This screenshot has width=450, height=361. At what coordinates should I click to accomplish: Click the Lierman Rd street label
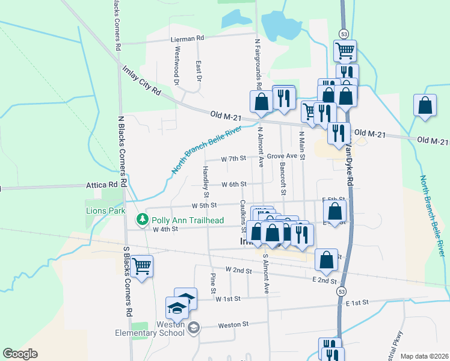[x=188, y=37]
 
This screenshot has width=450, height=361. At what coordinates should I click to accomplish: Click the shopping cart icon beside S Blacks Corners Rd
[x=142, y=265]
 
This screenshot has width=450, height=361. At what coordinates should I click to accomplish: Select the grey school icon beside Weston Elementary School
[x=194, y=328]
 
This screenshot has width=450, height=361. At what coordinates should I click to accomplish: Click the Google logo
[x=20, y=354]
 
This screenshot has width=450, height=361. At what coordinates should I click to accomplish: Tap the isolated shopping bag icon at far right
[x=425, y=105]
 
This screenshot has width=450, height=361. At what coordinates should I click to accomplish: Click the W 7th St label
[x=233, y=159]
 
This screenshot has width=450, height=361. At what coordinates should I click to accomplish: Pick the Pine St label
[x=213, y=283]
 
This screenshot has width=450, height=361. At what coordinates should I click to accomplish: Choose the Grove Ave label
[x=283, y=156]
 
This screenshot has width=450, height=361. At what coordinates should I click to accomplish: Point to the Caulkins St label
[x=243, y=216]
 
